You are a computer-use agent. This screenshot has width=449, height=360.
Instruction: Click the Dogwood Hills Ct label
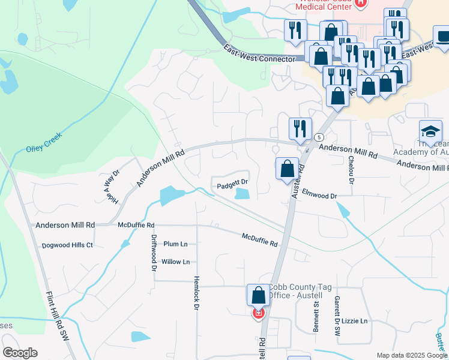tap(67, 245)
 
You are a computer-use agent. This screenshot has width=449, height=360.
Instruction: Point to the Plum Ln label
tap(175, 244)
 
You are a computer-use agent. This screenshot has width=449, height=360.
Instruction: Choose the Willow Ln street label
tap(175, 262)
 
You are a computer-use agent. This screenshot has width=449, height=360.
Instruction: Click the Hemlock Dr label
tap(196, 293)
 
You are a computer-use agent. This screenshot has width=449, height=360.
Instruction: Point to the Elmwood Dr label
tap(320, 195)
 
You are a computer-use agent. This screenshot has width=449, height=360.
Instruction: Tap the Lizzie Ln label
tap(355, 321)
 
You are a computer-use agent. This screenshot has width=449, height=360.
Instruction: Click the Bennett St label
tap(316, 318)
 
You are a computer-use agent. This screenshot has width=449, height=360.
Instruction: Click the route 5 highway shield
tap(318, 137)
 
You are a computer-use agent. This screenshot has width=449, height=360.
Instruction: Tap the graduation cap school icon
tap(430, 131)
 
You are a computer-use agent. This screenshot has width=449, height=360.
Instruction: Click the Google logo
tap(20, 353)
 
